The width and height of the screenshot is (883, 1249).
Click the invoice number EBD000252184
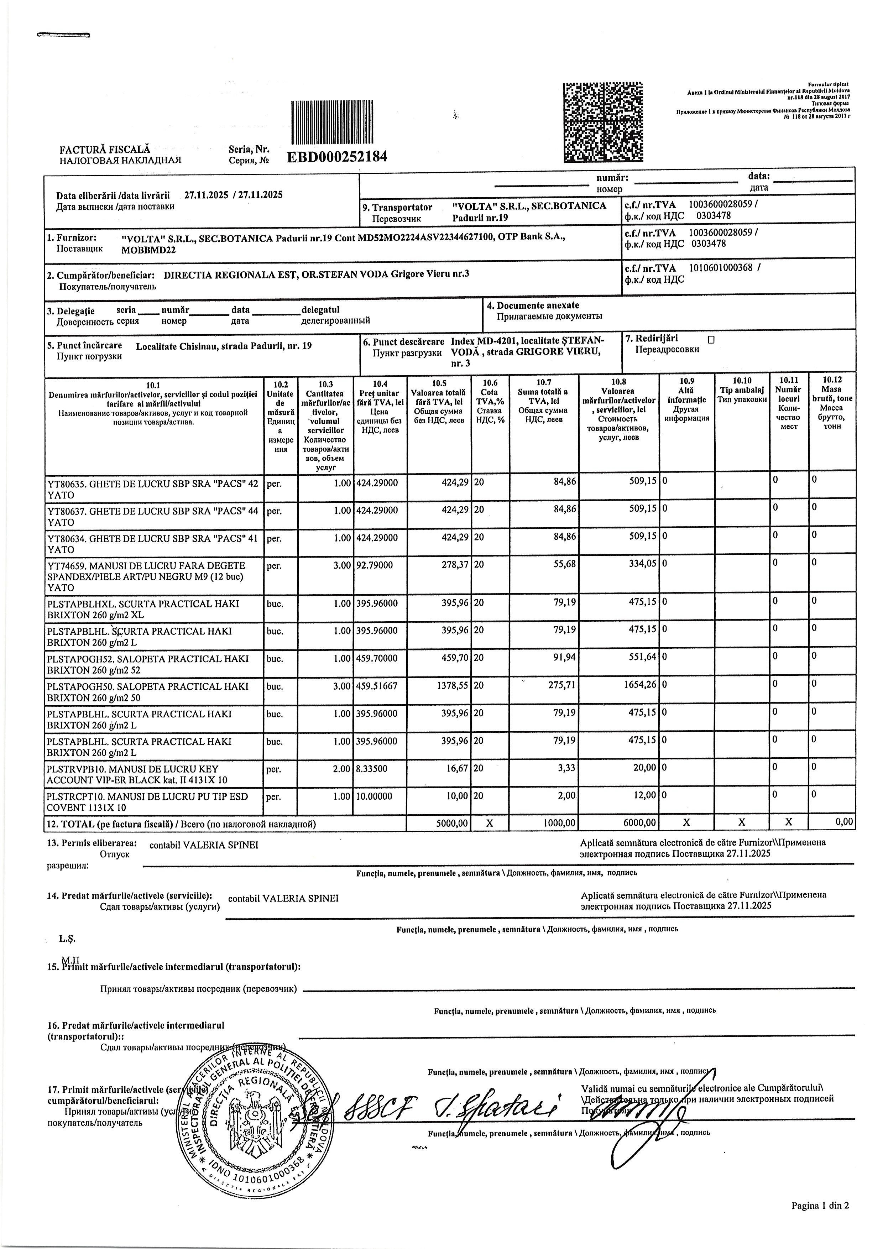tap(337, 157)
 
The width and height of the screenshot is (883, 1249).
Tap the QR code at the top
tap(602, 121)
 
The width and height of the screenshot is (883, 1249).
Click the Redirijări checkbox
tap(711, 339)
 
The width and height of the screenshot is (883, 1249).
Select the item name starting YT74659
tap(146, 577)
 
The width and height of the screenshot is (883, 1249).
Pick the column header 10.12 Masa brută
tap(832, 403)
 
